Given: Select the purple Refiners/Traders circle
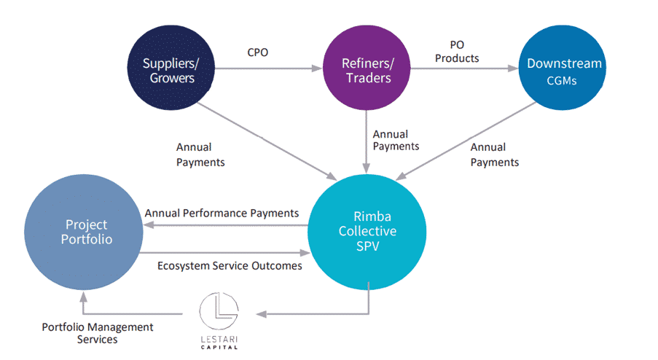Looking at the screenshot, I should [x=367, y=70].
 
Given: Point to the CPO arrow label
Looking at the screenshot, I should [x=259, y=53].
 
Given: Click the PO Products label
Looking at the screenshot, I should [x=457, y=52].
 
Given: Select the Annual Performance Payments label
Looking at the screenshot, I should [x=222, y=213].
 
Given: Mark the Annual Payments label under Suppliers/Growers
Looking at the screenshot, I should [x=200, y=154].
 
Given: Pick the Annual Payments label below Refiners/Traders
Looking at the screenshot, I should [x=396, y=140].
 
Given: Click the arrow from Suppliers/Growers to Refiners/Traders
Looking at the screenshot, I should [x=270, y=70].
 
